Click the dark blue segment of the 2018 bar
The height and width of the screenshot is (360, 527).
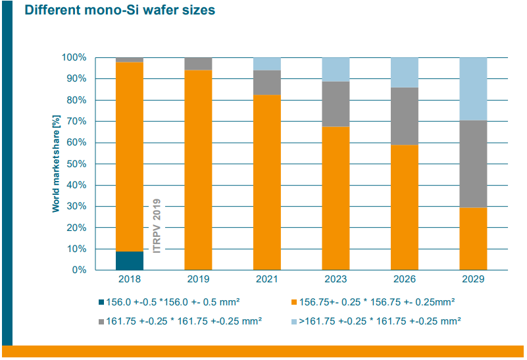coord(130,261)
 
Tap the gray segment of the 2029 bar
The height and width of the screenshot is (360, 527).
coord(473,164)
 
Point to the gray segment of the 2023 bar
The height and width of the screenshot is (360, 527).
coord(336,104)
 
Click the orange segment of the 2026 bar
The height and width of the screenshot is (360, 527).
coord(404,207)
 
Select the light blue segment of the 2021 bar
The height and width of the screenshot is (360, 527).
coord(267,64)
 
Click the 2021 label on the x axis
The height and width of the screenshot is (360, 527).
coord(267,279)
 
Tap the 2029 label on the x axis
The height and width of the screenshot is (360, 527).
coord(473,279)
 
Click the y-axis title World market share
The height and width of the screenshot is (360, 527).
coord(56,164)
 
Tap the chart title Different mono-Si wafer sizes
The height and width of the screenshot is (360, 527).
coord(120,11)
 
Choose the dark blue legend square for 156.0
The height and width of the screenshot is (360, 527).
coord(102,302)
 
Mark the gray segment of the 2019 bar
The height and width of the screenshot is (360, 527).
coord(198,64)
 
